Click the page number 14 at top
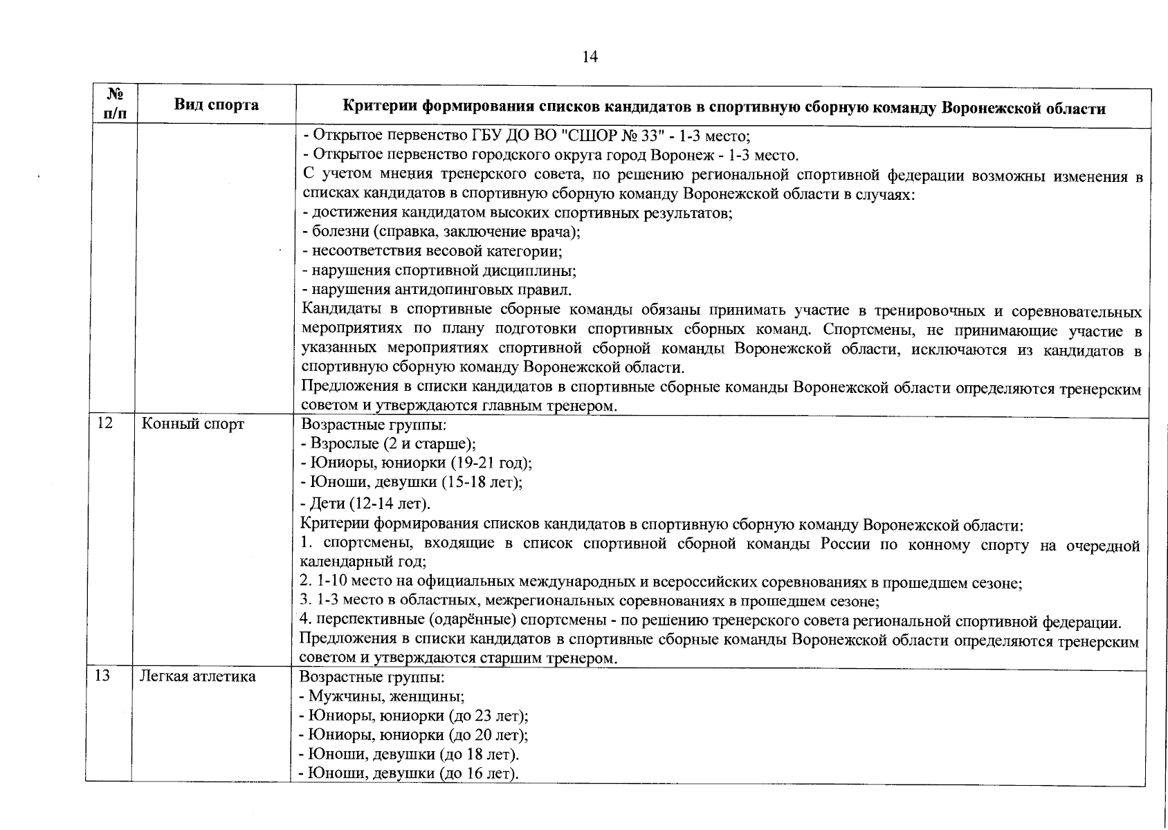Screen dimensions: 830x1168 590,57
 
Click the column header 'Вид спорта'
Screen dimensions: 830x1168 217,105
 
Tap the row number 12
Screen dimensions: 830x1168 104,423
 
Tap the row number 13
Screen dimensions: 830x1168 102,676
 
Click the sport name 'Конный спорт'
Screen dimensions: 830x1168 192,424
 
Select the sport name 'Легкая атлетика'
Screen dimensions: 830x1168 198,676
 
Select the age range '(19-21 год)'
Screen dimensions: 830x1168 491,463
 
